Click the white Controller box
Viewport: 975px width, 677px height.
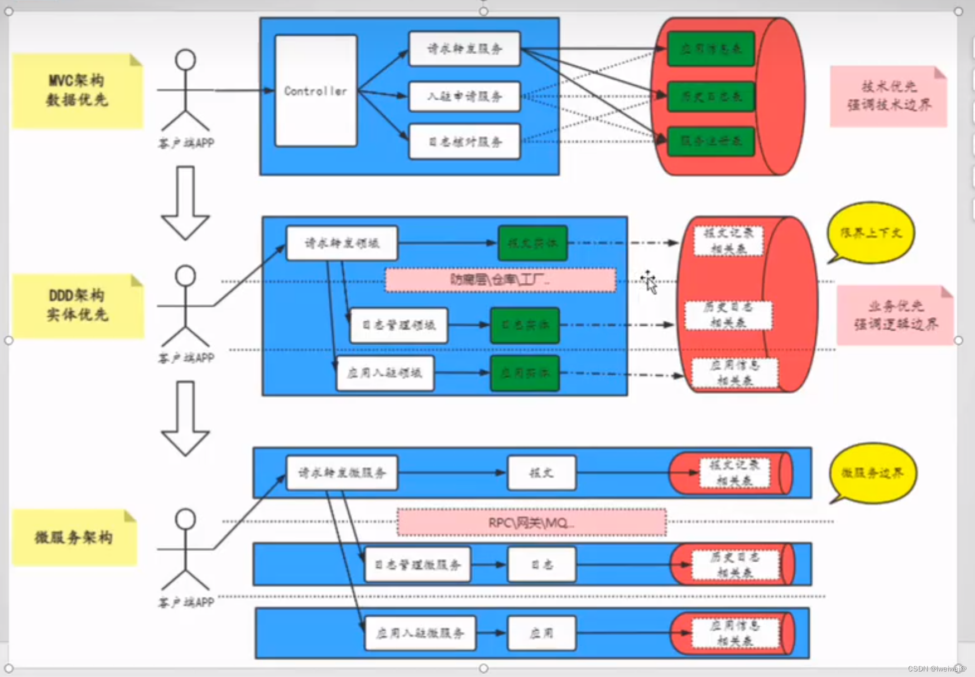tap(316, 91)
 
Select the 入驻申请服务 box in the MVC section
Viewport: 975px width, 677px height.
tap(464, 96)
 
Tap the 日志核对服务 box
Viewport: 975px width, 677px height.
tap(464, 142)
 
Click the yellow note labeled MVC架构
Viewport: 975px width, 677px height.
tap(77, 91)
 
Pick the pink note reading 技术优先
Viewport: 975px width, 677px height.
tap(888, 96)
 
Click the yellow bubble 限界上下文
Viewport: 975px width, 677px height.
tap(871, 233)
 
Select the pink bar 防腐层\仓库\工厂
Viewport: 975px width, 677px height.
tap(501, 280)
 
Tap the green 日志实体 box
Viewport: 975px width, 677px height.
tap(525, 325)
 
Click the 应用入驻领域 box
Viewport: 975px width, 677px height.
tap(385, 373)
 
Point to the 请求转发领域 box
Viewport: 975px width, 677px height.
tap(342, 243)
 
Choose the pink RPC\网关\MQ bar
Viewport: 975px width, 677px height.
tap(531, 523)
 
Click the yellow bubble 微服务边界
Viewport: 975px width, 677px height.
tap(872, 473)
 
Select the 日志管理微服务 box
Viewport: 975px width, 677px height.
tap(417, 564)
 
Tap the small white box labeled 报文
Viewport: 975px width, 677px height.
tap(541, 473)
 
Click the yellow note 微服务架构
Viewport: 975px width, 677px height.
tap(74, 538)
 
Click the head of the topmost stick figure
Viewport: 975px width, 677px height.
tap(185, 60)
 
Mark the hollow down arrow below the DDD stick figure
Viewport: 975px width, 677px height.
tap(185, 418)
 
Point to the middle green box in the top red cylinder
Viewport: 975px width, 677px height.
tap(711, 96)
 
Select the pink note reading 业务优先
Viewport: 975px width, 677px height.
tap(895, 315)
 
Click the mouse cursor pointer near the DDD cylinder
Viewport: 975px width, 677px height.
tap(650, 282)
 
